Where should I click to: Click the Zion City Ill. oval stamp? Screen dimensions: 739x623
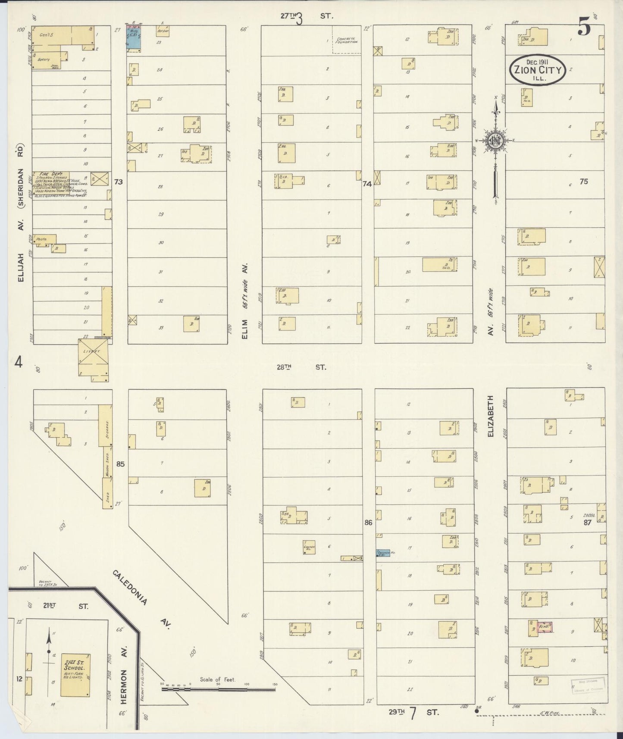[537, 69]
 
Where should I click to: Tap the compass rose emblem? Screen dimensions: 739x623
[495, 141]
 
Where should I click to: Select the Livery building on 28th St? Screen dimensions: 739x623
[93, 357]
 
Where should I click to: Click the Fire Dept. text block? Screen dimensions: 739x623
[60, 184]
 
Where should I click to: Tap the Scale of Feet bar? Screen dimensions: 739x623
[218, 690]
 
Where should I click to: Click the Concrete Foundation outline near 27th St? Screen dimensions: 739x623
[346, 40]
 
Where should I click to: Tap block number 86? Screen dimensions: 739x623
[368, 523]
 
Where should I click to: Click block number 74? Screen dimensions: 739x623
[367, 184]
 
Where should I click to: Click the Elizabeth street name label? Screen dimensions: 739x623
[490, 416]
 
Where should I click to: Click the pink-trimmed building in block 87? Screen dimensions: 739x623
[545, 626]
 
